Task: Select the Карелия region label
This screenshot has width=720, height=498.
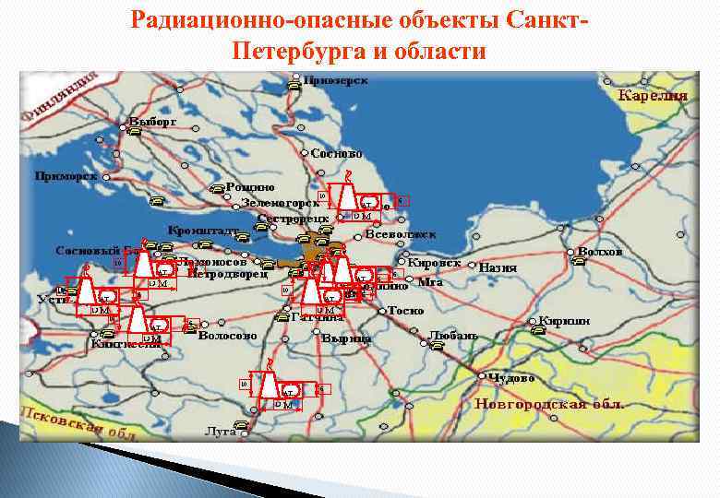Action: click(x=653, y=95)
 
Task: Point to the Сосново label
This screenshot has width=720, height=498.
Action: click(x=337, y=153)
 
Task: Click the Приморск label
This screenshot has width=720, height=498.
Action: click(x=66, y=175)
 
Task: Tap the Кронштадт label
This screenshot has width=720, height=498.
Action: click(x=204, y=228)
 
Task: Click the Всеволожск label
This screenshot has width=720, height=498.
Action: click(x=401, y=234)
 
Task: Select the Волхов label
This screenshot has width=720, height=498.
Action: click(x=600, y=251)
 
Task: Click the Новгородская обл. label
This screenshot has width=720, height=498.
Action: click(x=549, y=404)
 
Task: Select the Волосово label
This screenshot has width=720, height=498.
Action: click(x=227, y=337)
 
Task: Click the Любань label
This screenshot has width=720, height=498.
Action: click(x=454, y=335)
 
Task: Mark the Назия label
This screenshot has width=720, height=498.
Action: click(x=498, y=267)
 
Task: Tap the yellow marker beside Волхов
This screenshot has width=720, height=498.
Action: click(x=579, y=262)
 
